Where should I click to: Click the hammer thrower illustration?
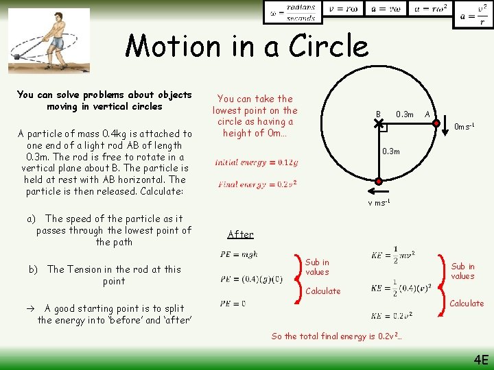49,40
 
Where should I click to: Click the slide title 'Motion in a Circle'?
247,47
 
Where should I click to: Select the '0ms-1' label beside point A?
464,126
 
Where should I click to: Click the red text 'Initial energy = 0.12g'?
257,162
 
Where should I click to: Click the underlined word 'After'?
240,234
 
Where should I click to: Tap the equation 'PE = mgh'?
239,254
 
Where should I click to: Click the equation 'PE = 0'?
233,303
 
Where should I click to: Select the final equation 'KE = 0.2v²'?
391,315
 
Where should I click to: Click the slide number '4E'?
480,359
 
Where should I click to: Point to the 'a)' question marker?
32,219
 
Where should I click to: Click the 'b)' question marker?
33,269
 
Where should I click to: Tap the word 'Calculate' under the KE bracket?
467,304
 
